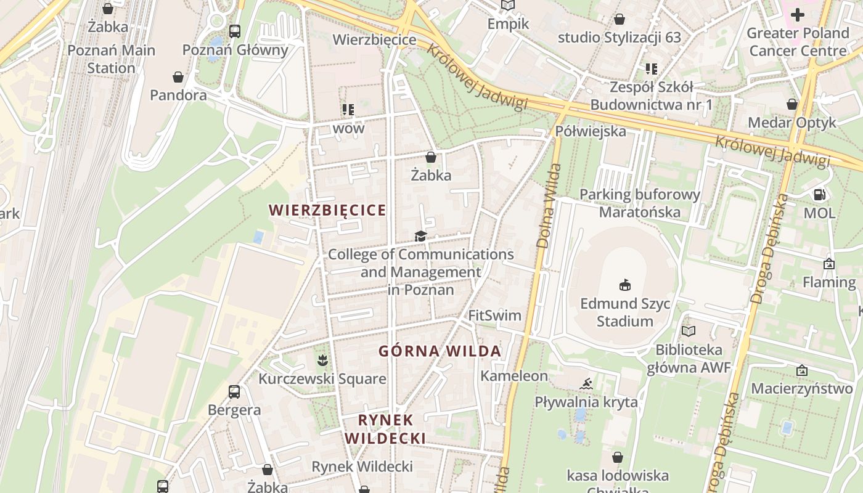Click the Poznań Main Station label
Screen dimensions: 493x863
click(111, 59)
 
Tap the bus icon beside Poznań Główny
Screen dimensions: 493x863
click(234, 31)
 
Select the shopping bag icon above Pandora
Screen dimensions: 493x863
click(178, 77)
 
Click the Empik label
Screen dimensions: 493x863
click(508, 24)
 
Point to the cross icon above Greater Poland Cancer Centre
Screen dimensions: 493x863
click(798, 14)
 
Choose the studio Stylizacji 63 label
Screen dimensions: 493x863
click(619, 38)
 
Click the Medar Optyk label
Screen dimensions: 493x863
click(791, 123)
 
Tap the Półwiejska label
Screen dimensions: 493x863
click(590, 131)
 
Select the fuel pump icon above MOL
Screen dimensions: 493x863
click(819, 195)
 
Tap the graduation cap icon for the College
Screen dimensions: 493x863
click(420, 236)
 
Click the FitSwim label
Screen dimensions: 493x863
click(494, 316)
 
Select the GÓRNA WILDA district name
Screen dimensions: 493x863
click(440, 351)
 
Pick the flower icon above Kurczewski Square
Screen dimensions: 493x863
click(321, 359)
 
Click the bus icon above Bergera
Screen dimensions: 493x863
click(234, 391)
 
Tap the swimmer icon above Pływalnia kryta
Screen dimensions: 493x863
click(586, 385)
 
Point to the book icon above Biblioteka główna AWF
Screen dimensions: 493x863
click(688, 332)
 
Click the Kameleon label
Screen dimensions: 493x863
click(514, 376)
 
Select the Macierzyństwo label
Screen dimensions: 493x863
click(801, 389)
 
